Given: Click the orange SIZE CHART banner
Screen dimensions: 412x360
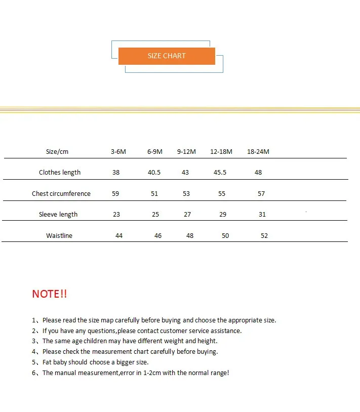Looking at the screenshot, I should point(167,56).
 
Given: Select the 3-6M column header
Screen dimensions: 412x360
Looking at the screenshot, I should point(118,152).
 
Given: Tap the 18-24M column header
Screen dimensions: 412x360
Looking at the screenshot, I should point(258,152).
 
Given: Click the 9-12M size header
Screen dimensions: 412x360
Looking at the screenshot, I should point(187,152).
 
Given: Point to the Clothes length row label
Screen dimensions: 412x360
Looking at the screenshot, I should point(60,173).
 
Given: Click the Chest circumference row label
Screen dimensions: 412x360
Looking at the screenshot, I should point(61,194).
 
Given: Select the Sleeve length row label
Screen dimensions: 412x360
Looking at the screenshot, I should point(58,215).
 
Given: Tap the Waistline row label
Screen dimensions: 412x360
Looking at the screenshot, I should point(59,236).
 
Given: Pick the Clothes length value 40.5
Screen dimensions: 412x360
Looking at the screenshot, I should point(154,173).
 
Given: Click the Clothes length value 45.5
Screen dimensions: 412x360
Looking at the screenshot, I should point(220,173).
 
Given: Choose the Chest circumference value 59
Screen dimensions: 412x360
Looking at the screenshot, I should point(116,194).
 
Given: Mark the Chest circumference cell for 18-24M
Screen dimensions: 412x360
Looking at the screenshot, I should point(261,194).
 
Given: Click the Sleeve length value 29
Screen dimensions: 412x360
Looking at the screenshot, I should point(223,215).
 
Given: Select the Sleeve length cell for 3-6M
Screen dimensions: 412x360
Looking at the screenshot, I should point(116,215).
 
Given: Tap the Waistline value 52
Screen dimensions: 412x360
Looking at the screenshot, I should point(264,236).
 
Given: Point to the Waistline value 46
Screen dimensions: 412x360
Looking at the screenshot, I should point(158,236).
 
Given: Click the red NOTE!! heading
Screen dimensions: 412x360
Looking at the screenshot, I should point(50,294).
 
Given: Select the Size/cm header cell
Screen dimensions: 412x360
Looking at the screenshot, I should point(57,152).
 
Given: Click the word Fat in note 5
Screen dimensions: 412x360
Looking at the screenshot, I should point(48,362).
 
